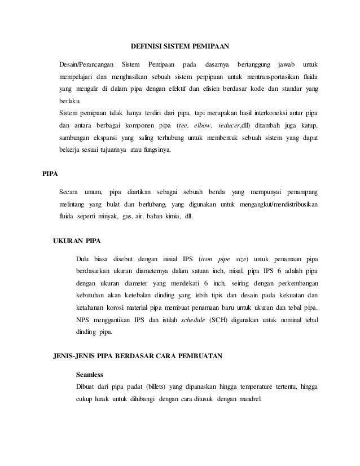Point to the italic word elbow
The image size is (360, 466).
coord(205,125)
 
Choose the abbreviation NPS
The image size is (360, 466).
coord(82,320)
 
